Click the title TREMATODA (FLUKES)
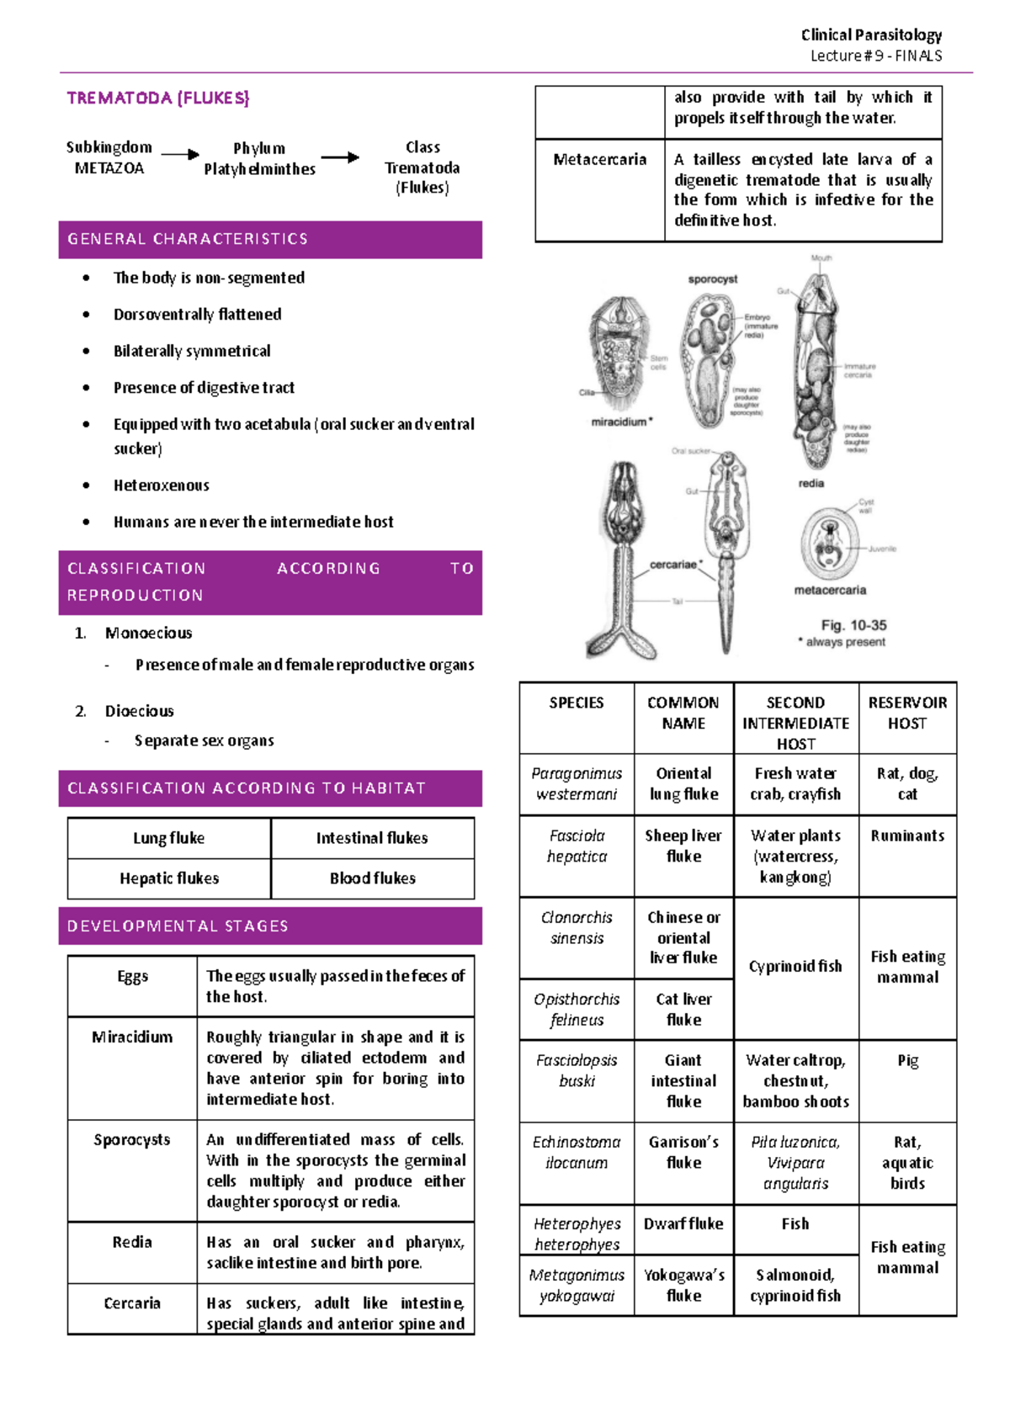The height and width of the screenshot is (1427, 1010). pyautogui.click(x=157, y=98)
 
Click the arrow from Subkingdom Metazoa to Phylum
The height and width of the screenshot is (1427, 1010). pyautogui.click(x=179, y=155)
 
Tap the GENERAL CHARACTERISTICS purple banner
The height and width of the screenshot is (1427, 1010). pyautogui.click(x=269, y=239)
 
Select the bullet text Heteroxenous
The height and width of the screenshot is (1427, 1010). pyautogui.click(x=161, y=485)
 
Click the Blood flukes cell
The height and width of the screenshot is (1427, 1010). pyautogui.click(x=372, y=878)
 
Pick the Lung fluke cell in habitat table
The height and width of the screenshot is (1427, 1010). pyautogui.click(x=168, y=838)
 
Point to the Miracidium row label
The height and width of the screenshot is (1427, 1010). pyautogui.click(x=132, y=1037)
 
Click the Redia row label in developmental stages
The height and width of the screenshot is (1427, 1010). pyautogui.click(x=132, y=1242)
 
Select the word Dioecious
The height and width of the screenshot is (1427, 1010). pyautogui.click(x=139, y=711)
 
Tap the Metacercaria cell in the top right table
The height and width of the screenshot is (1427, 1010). pyautogui.click(x=599, y=160)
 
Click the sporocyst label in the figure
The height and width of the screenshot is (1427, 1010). pyautogui.click(x=712, y=279)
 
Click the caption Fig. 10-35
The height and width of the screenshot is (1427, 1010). pyautogui.click(x=853, y=625)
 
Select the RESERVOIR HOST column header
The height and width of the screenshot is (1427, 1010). pyautogui.click(x=907, y=713)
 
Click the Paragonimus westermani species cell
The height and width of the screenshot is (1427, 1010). pyautogui.click(x=577, y=783)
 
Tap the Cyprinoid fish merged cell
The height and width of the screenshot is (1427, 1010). pyautogui.click(x=795, y=967)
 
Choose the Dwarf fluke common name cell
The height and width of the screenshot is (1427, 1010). pyautogui.click(x=683, y=1224)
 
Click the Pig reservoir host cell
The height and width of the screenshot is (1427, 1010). pyautogui.click(x=907, y=1061)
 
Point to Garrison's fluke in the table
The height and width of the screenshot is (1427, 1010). pyautogui.click(x=683, y=1152)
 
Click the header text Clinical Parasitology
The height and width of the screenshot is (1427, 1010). pyautogui.click(x=870, y=35)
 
